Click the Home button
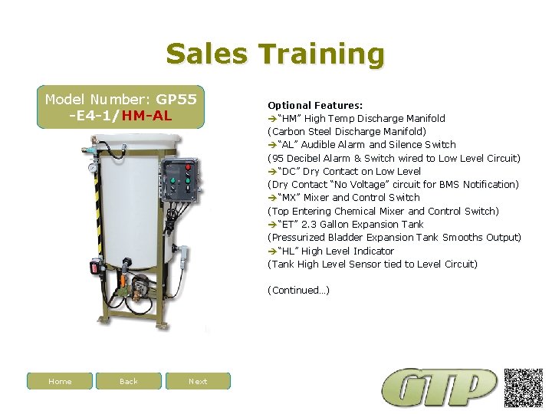coord(60,381)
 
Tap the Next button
coord(198,381)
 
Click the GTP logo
coord(439,388)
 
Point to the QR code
coord(524,386)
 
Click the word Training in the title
coord(321,54)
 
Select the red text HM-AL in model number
coord(146,116)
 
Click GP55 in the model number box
coord(176,100)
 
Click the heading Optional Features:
coord(315,105)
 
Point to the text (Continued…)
coord(298,291)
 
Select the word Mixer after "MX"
coord(317,198)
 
